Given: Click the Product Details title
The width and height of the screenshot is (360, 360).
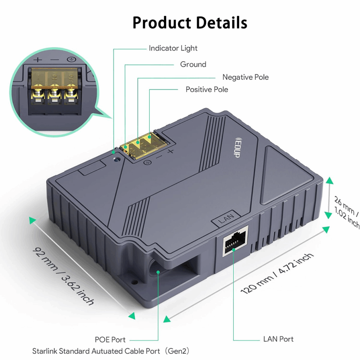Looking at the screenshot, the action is pyautogui.click(x=190, y=22).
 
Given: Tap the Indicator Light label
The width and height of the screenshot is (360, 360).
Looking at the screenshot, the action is pyautogui.click(x=173, y=48).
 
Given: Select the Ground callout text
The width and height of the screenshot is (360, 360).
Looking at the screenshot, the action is pyautogui.click(x=193, y=64).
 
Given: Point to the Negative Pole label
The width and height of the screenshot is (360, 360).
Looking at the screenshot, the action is pyautogui.click(x=245, y=77).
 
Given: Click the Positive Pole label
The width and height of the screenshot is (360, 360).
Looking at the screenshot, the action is pyautogui.click(x=207, y=89).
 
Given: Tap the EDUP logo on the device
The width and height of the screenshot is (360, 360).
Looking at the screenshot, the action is pyautogui.click(x=237, y=147).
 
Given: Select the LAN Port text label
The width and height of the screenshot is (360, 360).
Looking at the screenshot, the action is pyautogui.click(x=278, y=339).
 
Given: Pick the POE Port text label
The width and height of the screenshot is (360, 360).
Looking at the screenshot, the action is pyautogui.click(x=110, y=340).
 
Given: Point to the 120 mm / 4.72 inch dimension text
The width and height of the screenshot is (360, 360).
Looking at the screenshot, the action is pyautogui.click(x=277, y=274).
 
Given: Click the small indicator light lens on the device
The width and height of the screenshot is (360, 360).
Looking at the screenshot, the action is pyautogui.click(x=117, y=159).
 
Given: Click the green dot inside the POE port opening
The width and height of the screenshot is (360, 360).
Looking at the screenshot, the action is pyautogui.click(x=158, y=272).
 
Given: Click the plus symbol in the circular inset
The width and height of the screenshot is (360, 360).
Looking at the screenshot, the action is pyautogui.click(x=38, y=60).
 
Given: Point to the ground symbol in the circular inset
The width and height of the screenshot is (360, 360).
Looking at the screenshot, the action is pyautogui.click(x=71, y=59).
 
